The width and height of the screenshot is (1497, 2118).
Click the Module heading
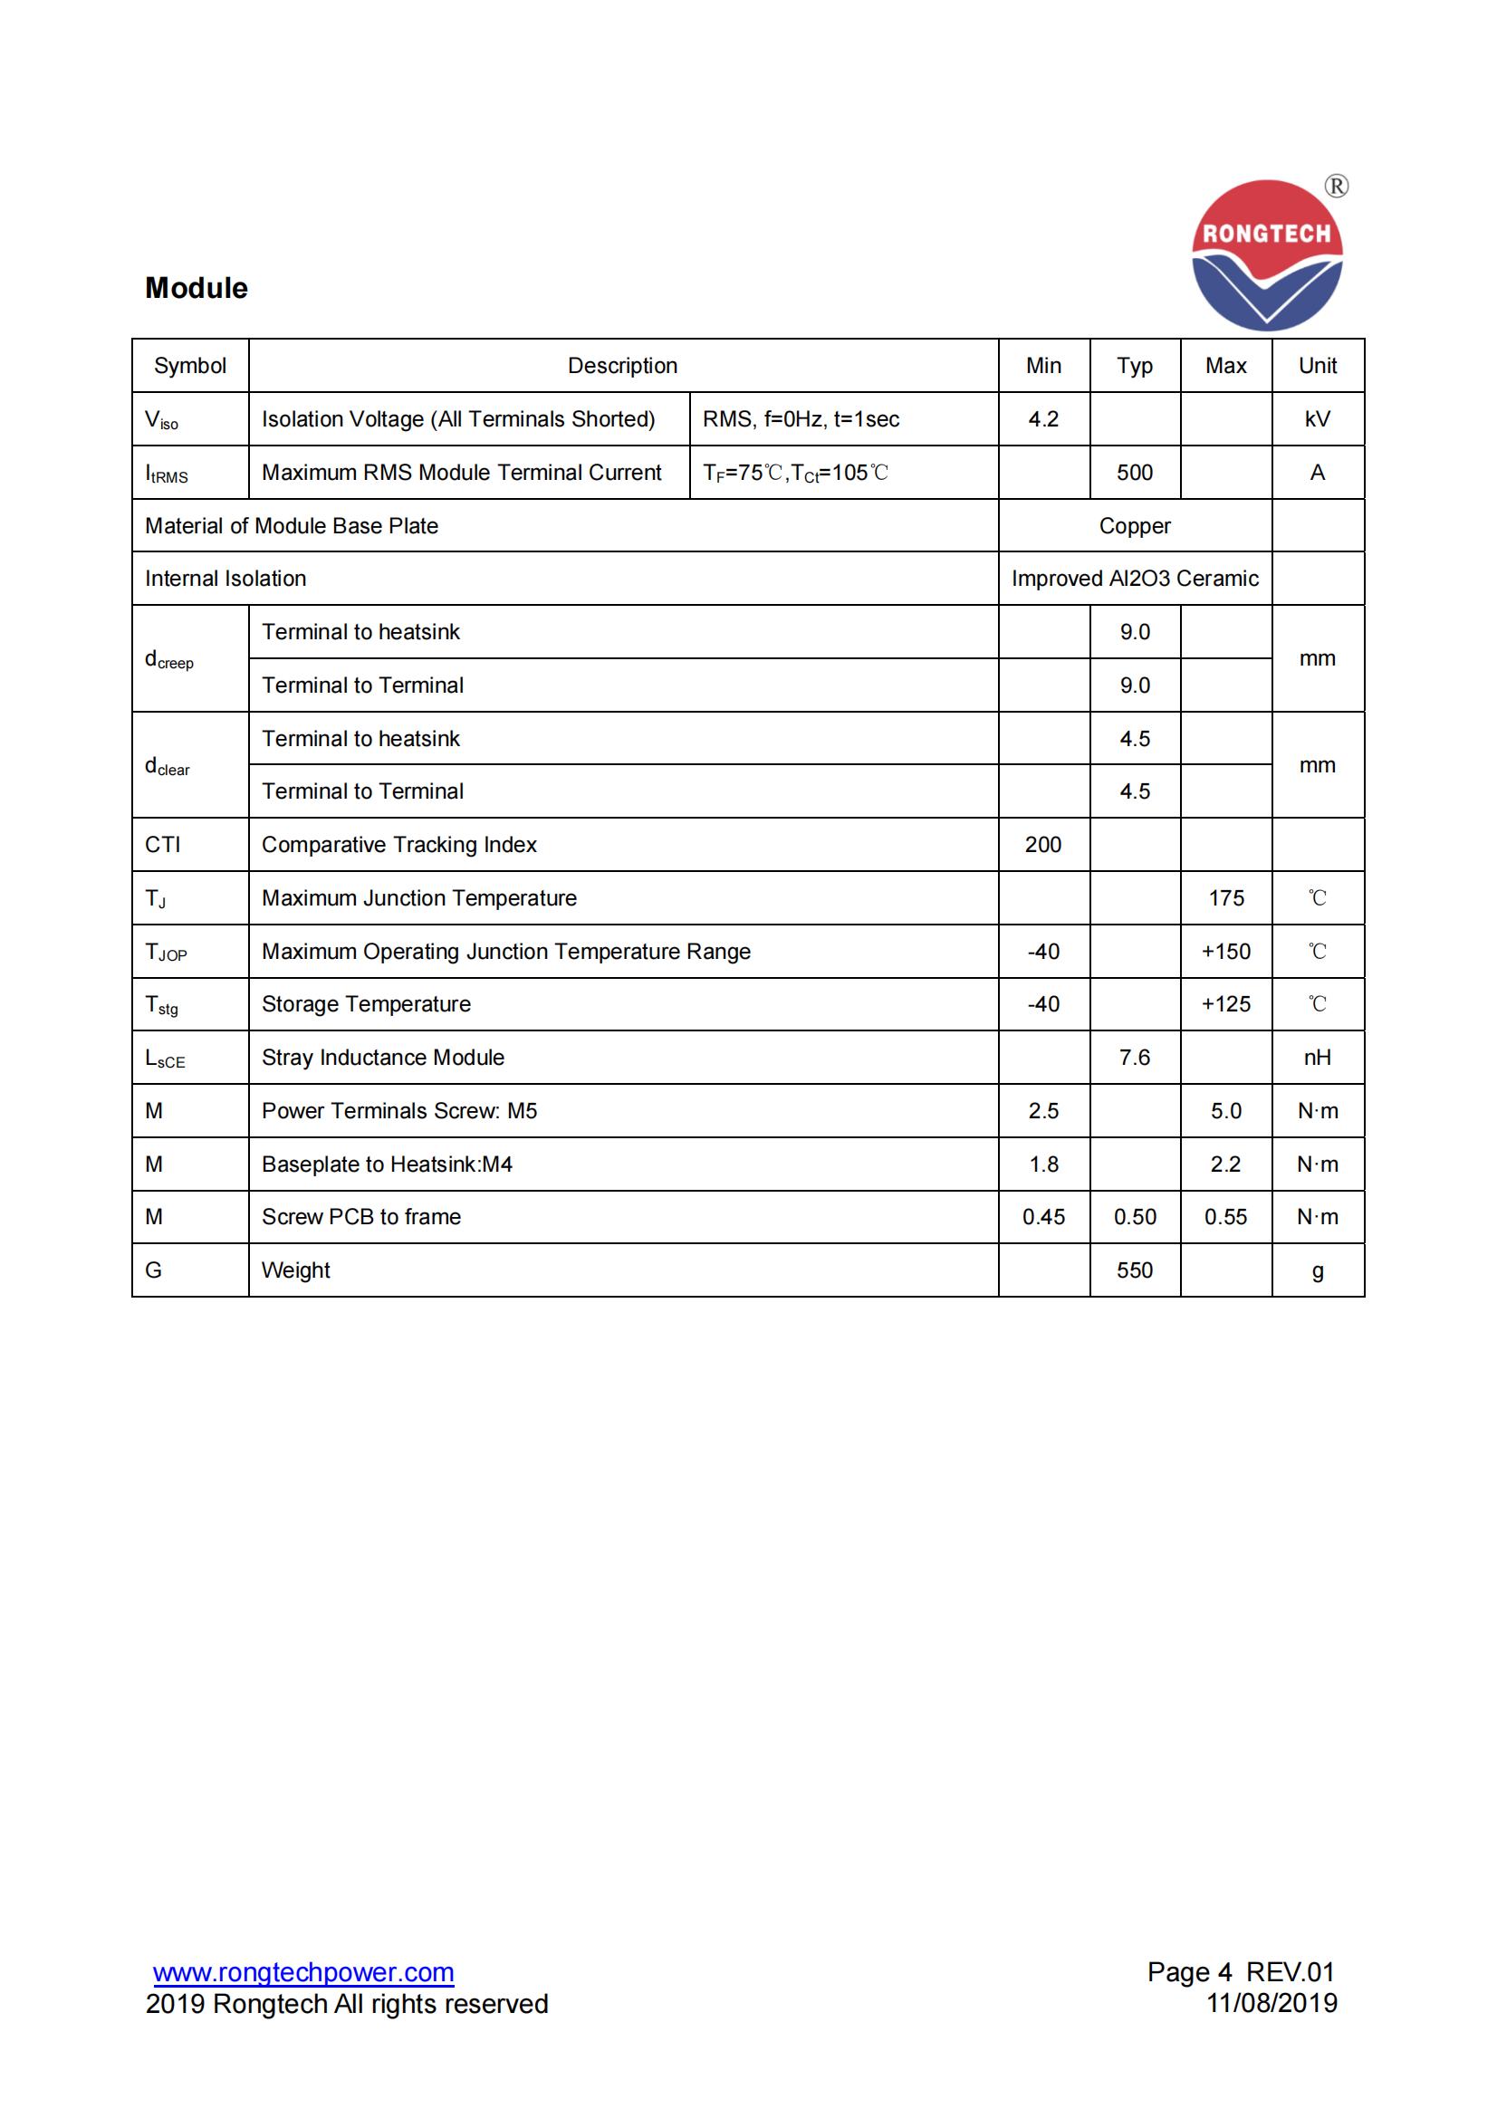click(x=197, y=289)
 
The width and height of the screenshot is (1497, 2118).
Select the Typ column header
click(x=1135, y=366)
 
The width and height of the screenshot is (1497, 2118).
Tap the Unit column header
click(x=1317, y=366)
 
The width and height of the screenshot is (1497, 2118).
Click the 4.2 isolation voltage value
click(x=1043, y=420)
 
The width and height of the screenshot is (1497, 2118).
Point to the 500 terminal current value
click(x=1135, y=474)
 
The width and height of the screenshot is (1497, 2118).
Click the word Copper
click(x=1135, y=526)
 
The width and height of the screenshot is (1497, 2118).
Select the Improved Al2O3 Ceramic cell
click(x=1135, y=579)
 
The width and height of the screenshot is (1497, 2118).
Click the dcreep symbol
click(x=169, y=659)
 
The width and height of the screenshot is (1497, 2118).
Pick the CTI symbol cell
click(x=163, y=845)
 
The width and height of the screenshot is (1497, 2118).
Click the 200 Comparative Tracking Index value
click(x=1043, y=845)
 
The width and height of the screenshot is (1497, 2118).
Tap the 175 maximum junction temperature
click(x=1226, y=898)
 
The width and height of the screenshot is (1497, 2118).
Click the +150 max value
click(x=1226, y=952)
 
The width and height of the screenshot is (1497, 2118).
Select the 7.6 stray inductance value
click(x=1135, y=1058)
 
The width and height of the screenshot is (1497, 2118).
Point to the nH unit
click(x=1317, y=1058)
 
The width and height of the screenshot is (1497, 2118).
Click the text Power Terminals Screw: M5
click(x=399, y=1112)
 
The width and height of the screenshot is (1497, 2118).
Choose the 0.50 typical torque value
click(x=1135, y=1218)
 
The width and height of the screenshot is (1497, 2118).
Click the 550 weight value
click(x=1135, y=1271)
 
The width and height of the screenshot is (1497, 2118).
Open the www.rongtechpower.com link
click(x=303, y=1973)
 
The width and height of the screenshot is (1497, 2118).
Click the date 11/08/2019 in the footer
click(x=1271, y=2004)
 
